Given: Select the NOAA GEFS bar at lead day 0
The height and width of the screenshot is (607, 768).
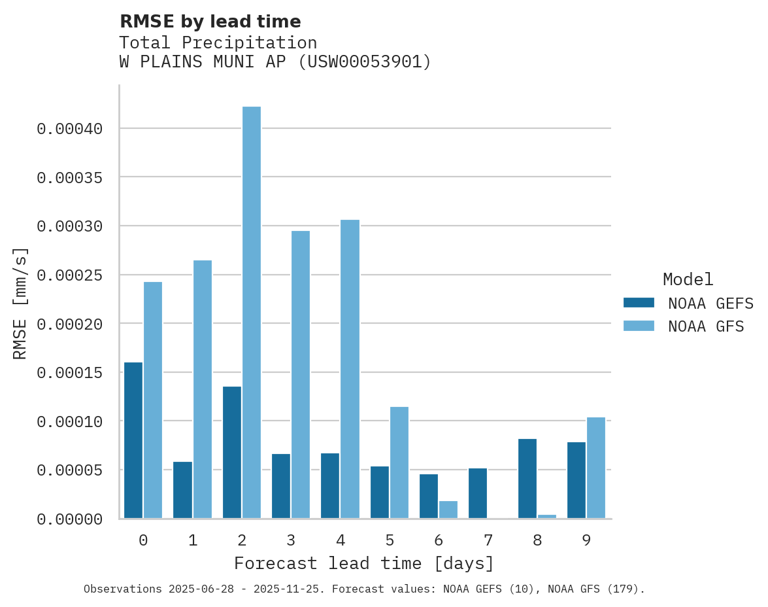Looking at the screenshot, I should [133, 440].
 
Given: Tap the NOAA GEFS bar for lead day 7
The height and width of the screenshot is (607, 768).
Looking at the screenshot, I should [478, 493].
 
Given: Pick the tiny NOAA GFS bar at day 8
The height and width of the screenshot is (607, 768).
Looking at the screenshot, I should [547, 517].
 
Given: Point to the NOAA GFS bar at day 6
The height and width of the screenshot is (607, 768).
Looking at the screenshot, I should [448, 510].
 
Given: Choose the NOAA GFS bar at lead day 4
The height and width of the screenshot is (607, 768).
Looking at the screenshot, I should [350, 369].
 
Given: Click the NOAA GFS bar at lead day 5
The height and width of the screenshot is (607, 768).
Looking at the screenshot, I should [399, 462].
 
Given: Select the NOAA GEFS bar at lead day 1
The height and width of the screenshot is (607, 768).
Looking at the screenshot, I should [182, 490].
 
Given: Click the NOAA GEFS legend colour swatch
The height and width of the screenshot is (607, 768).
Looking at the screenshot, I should [639, 302].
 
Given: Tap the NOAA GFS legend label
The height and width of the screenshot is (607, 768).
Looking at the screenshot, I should [706, 326].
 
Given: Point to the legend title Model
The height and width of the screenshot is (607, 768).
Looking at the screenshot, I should [688, 279].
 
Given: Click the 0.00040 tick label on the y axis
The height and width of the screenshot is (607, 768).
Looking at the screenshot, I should [70, 129].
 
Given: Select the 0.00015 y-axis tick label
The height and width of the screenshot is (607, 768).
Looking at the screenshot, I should [70, 373].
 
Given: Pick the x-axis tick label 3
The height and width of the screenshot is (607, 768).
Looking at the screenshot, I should [291, 540].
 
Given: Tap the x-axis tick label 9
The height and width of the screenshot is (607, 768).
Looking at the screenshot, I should [586, 540].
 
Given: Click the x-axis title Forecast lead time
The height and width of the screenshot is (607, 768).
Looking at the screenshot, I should [364, 563].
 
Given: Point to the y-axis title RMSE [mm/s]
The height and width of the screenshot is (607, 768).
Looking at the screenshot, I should [20, 303].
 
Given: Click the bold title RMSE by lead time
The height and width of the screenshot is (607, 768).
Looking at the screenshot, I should [210, 22].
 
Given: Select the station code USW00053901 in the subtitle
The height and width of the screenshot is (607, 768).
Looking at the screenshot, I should [364, 62].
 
